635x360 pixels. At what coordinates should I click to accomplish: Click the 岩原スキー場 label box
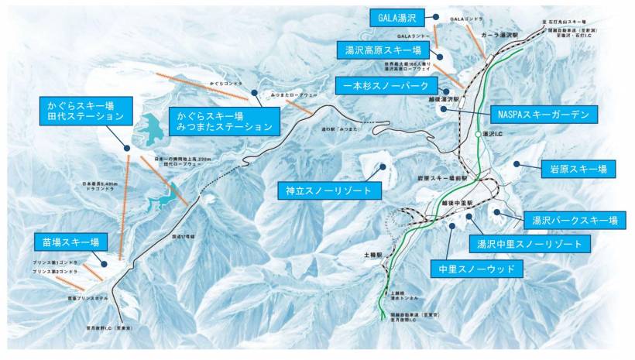coord(578,169)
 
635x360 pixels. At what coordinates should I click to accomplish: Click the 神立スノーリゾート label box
coord(328,189)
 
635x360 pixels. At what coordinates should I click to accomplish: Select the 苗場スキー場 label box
coord(71,242)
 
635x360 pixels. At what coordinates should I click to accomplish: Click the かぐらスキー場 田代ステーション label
coord(85,110)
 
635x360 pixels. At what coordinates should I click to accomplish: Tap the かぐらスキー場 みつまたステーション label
coord(225,120)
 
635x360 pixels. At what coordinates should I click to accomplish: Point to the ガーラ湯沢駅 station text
coord(499,58)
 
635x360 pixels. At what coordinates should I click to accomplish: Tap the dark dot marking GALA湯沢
coord(436,15)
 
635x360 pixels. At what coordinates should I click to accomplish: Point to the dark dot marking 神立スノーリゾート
coord(382,165)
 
